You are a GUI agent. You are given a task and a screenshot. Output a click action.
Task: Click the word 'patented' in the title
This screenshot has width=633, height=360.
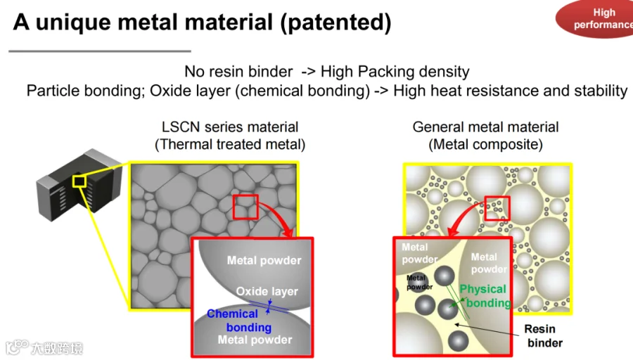[x=335, y=22]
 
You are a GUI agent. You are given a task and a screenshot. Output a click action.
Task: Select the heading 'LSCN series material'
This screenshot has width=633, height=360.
[x=230, y=127]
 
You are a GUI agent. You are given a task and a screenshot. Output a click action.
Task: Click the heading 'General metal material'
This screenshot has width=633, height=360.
[x=485, y=127]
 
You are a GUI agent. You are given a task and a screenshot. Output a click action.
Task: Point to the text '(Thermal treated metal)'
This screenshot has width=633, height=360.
[x=230, y=144]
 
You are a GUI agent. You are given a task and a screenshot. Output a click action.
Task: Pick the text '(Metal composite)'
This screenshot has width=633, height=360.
[x=485, y=144]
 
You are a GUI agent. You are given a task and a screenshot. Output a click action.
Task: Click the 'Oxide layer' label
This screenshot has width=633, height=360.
[x=267, y=291]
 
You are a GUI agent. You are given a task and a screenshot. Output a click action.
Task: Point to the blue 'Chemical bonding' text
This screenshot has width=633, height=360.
[x=239, y=321]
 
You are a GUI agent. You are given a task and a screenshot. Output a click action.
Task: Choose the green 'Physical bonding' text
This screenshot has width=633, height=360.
[x=485, y=296]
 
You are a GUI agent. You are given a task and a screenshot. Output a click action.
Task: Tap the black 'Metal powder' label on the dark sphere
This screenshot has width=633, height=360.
[x=419, y=282]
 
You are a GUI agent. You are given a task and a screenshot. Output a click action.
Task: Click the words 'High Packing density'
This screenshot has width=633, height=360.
[x=395, y=72]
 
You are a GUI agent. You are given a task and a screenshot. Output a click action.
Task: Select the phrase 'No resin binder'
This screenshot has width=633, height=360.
[x=238, y=72]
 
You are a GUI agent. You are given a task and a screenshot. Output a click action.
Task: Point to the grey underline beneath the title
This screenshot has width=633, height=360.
[x=100, y=51]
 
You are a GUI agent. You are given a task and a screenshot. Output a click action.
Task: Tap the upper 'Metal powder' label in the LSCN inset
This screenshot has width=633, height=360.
[x=264, y=260]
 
